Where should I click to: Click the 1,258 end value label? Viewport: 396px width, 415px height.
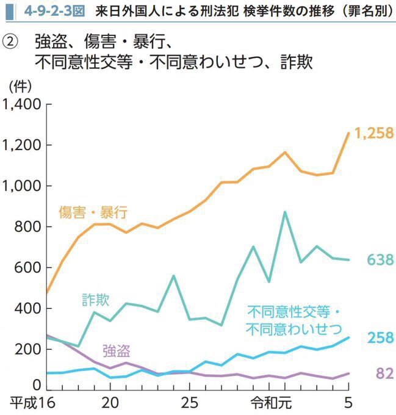[374, 134]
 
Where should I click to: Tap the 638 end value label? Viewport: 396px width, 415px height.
[380, 260]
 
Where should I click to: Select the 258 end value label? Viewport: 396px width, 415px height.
[380, 338]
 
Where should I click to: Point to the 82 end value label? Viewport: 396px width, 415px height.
[384, 374]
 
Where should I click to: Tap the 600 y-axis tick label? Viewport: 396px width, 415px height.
[28, 268]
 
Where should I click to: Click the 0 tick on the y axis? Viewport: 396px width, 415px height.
[37, 386]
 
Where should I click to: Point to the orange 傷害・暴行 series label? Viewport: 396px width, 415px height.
[93, 212]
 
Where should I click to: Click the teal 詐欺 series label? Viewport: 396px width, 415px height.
[96, 300]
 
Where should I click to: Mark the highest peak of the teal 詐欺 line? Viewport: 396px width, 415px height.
[284, 212]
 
